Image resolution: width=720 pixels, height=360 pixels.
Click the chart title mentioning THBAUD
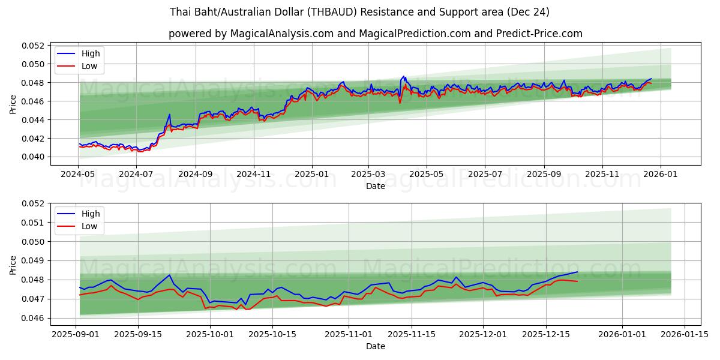[360, 12]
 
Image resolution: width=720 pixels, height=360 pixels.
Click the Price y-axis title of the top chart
[13, 104]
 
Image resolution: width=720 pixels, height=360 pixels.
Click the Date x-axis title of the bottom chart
[375, 346]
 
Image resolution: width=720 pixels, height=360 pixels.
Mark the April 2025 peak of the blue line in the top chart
[404, 76]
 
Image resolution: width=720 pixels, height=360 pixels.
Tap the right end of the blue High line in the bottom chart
[577, 272]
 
